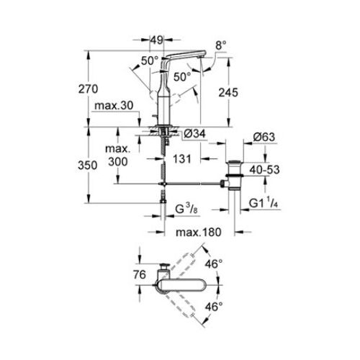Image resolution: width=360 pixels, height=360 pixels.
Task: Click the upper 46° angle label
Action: tap(216, 264)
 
